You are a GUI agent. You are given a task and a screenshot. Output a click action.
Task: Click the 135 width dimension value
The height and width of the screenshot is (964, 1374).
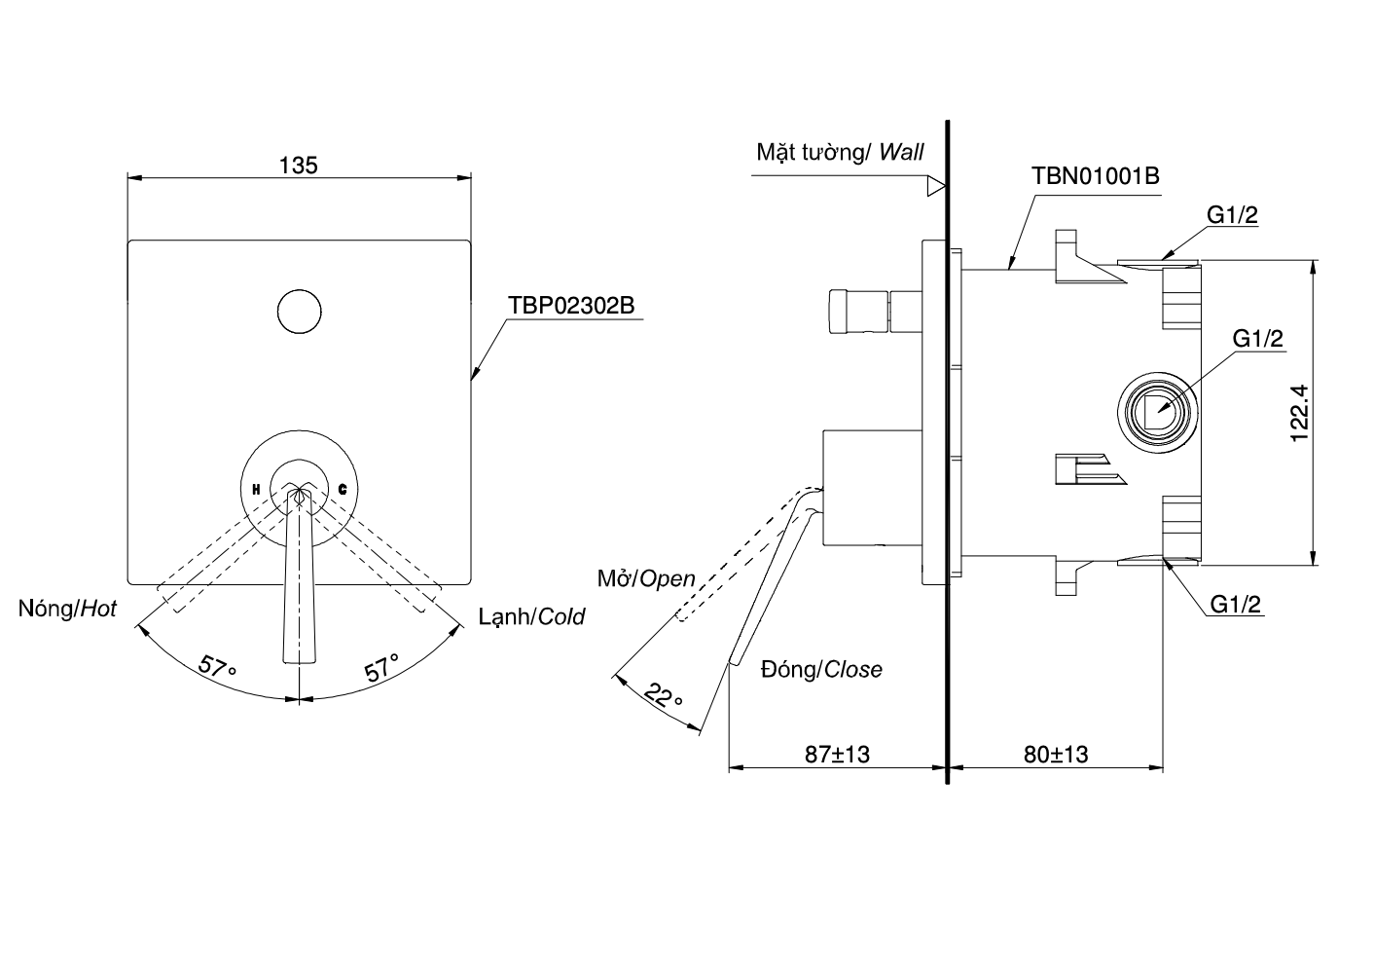(x=299, y=166)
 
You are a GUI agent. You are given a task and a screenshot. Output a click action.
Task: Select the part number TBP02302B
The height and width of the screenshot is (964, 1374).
(x=570, y=305)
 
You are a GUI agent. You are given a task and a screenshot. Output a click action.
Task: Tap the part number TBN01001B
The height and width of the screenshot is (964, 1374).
(x=1095, y=176)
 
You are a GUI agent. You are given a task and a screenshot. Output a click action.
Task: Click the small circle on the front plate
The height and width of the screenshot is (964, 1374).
(x=299, y=311)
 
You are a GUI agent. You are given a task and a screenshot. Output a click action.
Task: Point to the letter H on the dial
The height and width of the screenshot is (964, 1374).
(x=256, y=489)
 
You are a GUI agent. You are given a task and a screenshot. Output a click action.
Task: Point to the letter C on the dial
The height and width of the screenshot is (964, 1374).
(x=343, y=489)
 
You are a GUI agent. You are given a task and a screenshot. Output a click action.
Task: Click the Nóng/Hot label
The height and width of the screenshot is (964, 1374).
(x=67, y=610)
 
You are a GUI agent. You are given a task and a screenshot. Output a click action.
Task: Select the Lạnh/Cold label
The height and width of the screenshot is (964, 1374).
(x=531, y=616)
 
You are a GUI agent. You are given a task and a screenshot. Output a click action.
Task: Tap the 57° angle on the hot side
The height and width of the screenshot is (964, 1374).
(x=217, y=667)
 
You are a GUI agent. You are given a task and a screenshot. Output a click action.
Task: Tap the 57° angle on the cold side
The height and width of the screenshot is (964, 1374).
(x=381, y=667)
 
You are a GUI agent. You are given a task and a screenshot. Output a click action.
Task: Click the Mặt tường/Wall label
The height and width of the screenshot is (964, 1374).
(x=840, y=152)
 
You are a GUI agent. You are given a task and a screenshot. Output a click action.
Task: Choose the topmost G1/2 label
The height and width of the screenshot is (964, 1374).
(x=1233, y=215)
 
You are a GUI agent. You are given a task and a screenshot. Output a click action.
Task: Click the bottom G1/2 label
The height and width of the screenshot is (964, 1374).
(x=1236, y=605)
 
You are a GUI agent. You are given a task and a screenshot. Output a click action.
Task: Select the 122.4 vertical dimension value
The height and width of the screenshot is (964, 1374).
(x=1300, y=412)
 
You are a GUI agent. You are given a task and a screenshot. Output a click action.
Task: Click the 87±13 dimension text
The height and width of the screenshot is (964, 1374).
(x=837, y=754)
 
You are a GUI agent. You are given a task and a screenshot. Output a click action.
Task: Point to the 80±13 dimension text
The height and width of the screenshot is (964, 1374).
(x=1056, y=754)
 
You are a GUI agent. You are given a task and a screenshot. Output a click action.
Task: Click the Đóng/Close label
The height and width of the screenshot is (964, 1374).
(x=822, y=669)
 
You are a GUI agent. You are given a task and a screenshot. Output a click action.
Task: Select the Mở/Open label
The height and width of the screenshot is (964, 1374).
(x=646, y=578)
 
